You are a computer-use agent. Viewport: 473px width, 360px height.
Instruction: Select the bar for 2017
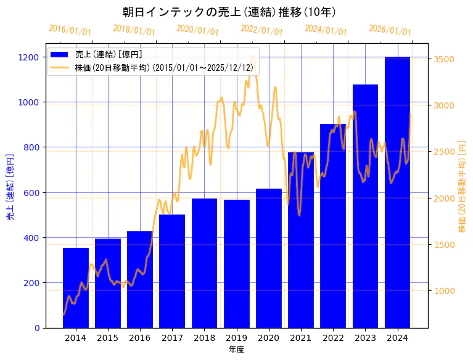(172, 271)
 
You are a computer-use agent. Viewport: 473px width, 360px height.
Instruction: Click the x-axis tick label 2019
(236, 338)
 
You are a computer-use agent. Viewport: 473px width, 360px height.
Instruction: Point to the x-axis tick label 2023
(365, 338)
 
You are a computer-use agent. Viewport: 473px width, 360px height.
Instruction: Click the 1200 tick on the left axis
(30, 57)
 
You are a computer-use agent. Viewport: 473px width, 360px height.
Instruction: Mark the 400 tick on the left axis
(32, 238)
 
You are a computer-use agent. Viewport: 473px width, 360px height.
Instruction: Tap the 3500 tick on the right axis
(445, 59)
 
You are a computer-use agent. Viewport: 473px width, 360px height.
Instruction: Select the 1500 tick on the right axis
(445, 245)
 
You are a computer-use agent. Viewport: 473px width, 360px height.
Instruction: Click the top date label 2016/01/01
(70, 30)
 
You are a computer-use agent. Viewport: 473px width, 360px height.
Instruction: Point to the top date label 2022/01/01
(261, 30)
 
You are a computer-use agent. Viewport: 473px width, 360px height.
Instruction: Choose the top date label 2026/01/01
(390, 30)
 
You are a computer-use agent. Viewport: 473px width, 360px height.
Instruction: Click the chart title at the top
(229, 12)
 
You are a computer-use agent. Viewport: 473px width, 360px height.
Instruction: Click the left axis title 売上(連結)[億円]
(10, 186)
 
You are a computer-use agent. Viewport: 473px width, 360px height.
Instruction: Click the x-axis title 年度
(236, 350)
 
